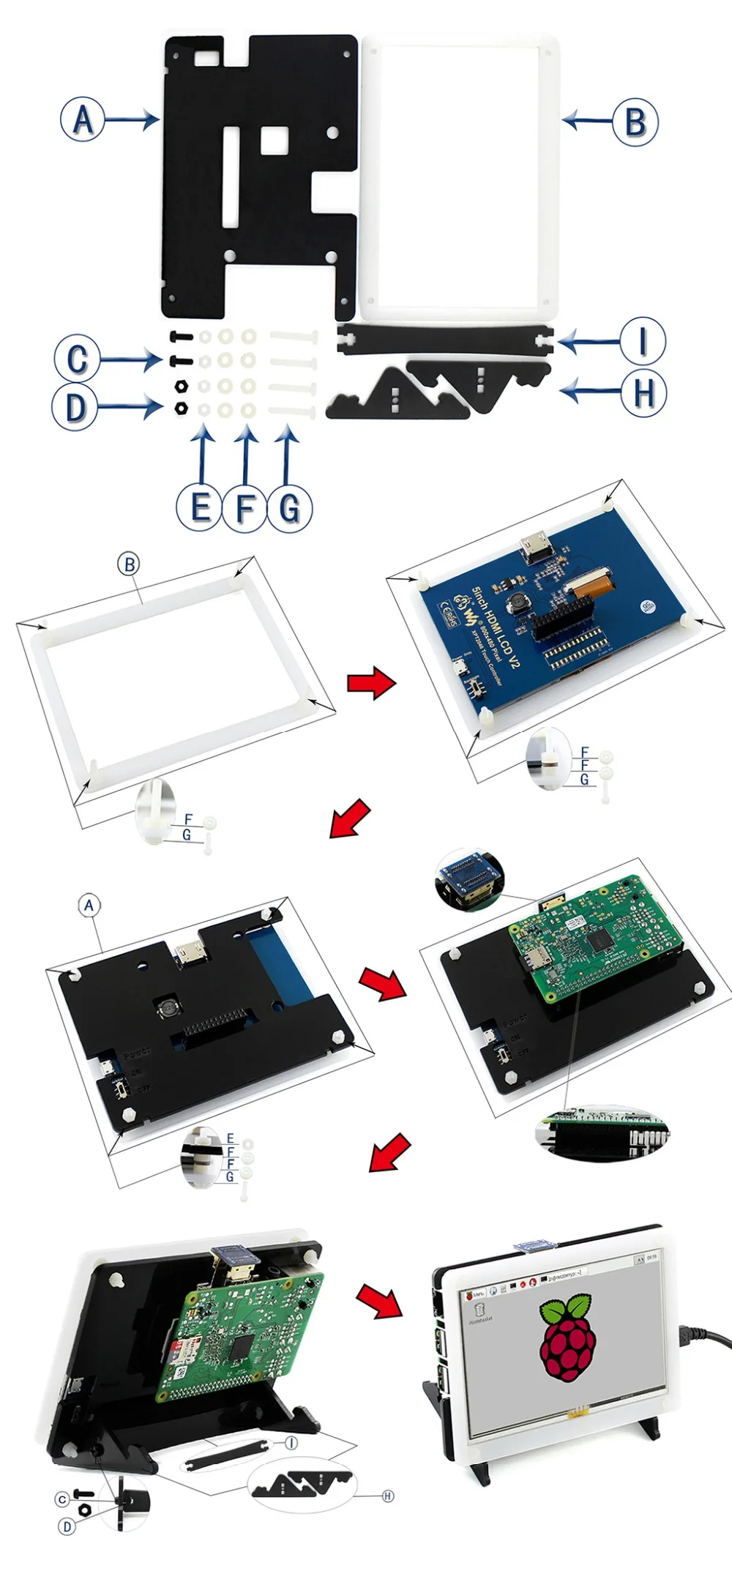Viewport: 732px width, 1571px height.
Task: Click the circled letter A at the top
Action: click(83, 119)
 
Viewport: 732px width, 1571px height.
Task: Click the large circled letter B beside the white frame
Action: click(635, 122)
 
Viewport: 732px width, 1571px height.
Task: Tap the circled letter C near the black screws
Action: click(77, 358)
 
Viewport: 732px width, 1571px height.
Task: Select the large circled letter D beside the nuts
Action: click(75, 407)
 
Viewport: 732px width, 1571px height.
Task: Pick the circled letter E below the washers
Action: click(198, 507)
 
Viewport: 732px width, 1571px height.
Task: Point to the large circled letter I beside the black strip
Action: click(643, 341)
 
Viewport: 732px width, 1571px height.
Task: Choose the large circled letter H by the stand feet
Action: click(643, 393)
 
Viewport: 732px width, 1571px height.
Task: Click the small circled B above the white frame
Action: click(129, 564)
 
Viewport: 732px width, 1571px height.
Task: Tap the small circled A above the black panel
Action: click(89, 906)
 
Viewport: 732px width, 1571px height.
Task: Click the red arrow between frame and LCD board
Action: click(371, 683)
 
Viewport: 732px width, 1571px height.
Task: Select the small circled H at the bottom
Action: click(388, 1496)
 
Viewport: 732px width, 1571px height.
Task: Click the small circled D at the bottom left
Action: click(67, 1526)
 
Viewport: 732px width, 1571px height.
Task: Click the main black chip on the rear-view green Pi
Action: click(243, 1349)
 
